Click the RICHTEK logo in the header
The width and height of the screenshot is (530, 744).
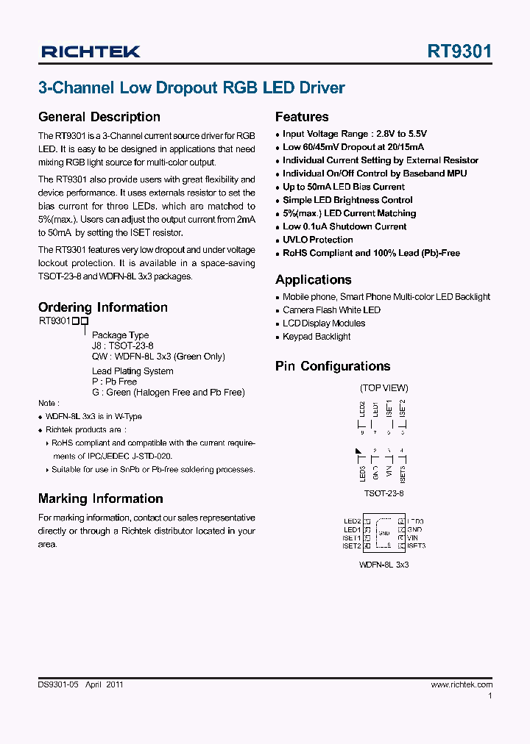point(90,51)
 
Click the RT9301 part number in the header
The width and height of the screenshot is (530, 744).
point(459,51)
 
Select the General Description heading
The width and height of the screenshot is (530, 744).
point(99,117)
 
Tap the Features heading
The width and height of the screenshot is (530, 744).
point(302,117)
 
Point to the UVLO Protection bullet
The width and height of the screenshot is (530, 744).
point(317,240)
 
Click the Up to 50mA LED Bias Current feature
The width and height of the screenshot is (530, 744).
point(343,187)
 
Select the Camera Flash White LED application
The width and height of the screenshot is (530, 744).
point(331,310)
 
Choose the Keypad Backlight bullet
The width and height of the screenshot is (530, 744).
point(317,337)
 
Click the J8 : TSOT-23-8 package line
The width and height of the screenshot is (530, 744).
point(122,346)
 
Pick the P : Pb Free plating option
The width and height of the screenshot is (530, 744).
point(114,382)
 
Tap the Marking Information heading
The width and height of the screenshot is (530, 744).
point(100,498)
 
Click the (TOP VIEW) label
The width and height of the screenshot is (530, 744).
point(384,387)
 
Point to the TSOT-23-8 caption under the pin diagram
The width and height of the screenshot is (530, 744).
point(384,493)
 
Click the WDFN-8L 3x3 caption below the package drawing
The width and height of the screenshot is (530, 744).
point(384,565)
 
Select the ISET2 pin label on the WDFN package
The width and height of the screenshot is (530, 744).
point(351,546)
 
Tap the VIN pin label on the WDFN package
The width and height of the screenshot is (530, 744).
point(413,537)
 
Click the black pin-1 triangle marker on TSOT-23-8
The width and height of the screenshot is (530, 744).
point(358,451)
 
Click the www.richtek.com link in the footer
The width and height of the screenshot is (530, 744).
point(462,684)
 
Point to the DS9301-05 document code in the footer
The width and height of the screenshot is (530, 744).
point(57,684)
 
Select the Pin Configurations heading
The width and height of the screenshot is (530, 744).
point(333,366)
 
